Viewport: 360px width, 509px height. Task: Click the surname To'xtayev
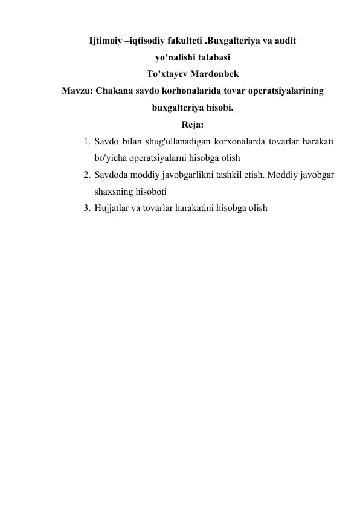click(167, 76)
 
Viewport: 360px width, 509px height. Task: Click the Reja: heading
click(192, 126)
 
